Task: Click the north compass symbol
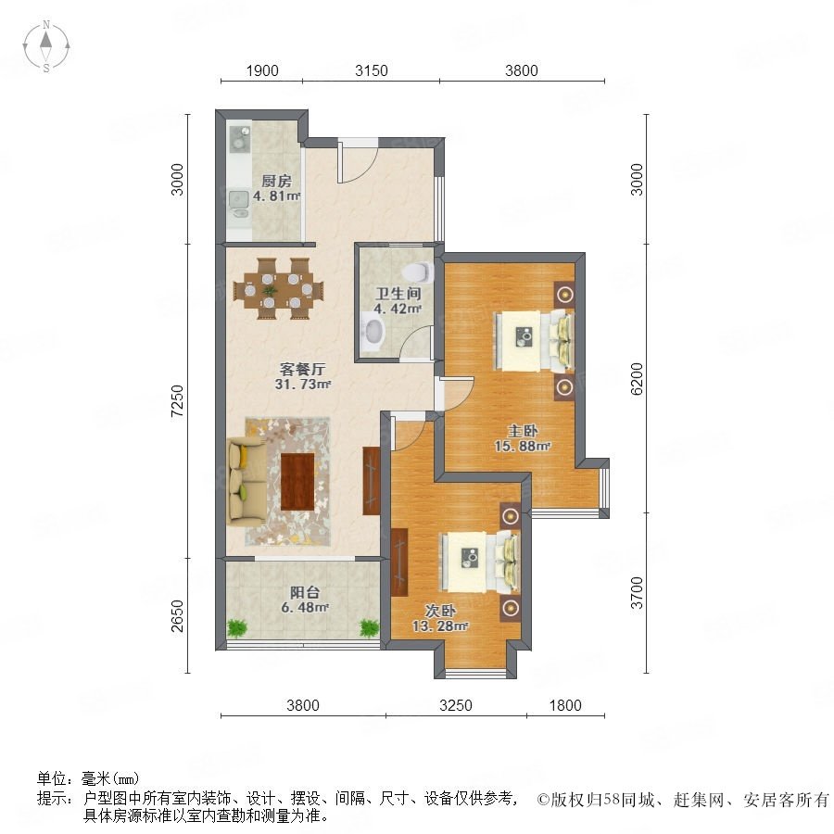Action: tap(46, 46)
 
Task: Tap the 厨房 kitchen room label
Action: tap(276, 181)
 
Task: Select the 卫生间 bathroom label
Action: tap(398, 293)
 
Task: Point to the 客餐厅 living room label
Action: tap(302, 369)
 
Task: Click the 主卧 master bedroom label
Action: tap(523, 431)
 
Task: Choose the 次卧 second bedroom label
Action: tap(440, 611)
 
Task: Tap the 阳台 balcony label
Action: tap(304, 592)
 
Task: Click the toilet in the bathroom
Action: tap(418, 272)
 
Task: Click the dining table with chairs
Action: tap(279, 289)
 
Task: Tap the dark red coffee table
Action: tap(297, 481)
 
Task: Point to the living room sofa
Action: tap(246, 481)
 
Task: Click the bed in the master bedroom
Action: tap(535, 340)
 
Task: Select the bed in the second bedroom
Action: tap(480, 562)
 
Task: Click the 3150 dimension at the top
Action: tap(372, 70)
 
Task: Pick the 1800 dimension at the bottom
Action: tap(565, 705)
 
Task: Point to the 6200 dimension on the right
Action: tap(636, 379)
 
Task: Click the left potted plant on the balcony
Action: tap(236, 627)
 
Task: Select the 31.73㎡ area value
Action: tap(303, 384)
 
